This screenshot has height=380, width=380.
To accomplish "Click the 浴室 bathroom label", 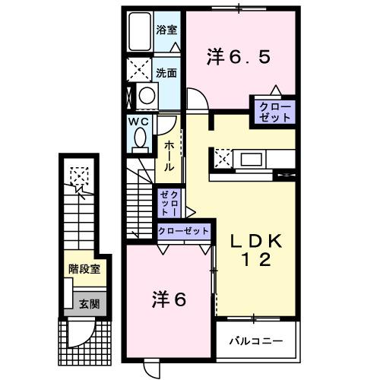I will (x=166, y=31).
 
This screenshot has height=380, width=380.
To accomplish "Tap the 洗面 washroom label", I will (x=166, y=74).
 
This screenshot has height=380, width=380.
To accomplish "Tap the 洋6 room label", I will (x=170, y=299).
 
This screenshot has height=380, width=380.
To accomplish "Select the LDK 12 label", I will (x=257, y=249).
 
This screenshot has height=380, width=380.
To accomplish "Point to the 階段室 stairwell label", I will (x=84, y=268).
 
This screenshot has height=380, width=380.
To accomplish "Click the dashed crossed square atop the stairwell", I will (x=78, y=176).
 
